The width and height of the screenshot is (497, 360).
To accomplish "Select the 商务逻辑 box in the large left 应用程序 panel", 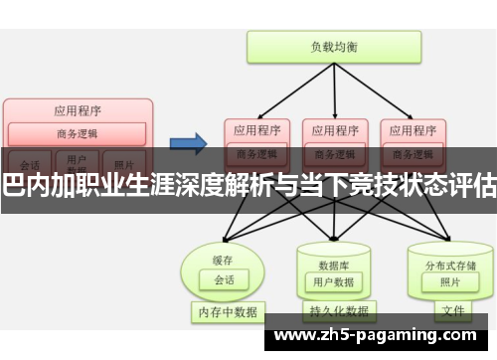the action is (77, 134).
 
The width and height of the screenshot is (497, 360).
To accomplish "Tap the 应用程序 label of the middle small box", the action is (333, 128).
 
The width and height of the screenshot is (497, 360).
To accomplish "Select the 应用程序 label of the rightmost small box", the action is (410, 128).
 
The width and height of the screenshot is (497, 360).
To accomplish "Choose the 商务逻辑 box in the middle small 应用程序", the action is (333, 152).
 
